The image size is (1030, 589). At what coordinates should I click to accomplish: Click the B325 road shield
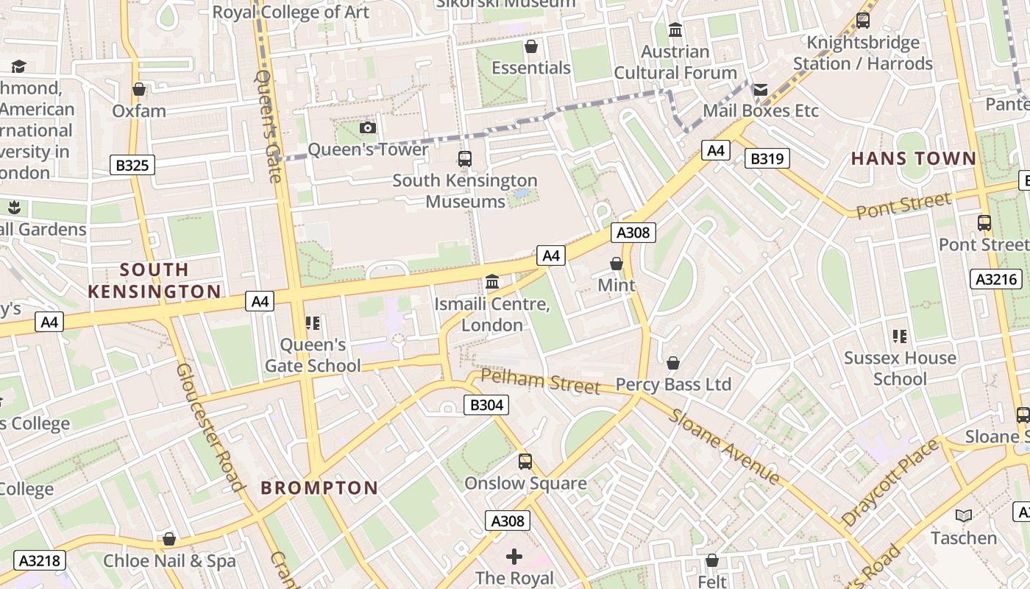pyautogui.click(x=132, y=165)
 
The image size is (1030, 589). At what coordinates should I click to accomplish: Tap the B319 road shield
pyautogui.click(x=767, y=158)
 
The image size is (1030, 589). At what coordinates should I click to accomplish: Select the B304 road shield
pyautogui.click(x=486, y=404)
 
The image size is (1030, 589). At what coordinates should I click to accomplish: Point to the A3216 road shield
pyautogui.click(x=996, y=279)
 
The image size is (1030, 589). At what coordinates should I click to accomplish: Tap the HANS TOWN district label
pyautogui.click(x=914, y=158)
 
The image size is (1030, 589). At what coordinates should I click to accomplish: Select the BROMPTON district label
pyautogui.click(x=319, y=487)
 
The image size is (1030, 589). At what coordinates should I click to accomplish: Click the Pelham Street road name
pyautogui.click(x=540, y=381)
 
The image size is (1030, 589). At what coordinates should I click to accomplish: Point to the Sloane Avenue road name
pyautogui.click(x=724, y=446)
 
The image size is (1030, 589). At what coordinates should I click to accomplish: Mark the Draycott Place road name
pyautogui.click(x=890, y=482)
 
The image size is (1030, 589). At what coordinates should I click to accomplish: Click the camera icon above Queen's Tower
pyautogui.click(x=368, y=128)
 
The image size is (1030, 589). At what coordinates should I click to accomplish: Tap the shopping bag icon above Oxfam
pyautogui.click(x=139, y=90)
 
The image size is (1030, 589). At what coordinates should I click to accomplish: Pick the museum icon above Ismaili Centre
pyautogui.click(x=492, y=282)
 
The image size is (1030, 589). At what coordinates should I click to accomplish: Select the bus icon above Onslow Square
pyautogui.click(x=525, y=462)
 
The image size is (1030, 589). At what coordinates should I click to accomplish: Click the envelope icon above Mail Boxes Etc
pyautogui.click(x=761, y=90)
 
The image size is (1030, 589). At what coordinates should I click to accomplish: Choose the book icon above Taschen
pyautogui.click(x=963, y=516)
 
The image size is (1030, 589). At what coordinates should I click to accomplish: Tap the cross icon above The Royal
pyautogui.click(x=514, y=556)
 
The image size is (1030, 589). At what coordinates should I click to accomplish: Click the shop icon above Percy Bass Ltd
pyautogui.click(x=673, y=363)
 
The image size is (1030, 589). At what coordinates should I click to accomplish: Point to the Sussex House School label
pyautogui.click(x=900, y=368)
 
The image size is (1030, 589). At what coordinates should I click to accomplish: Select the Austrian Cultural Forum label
pyautogui.click(x=675, y=63)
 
